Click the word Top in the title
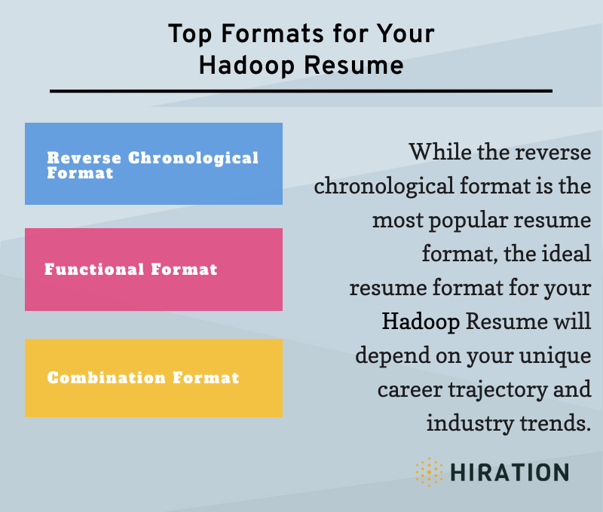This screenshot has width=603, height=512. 185,35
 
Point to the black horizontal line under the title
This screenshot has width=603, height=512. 301,91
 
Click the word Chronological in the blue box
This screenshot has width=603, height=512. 193,158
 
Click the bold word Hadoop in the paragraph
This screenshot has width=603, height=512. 421,322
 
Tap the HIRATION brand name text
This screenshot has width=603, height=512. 510,473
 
